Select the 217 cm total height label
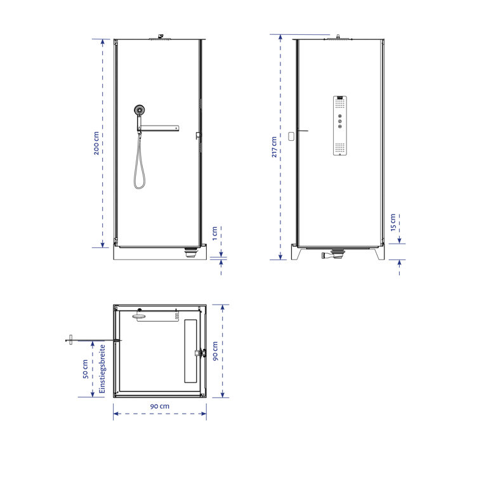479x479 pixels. [x=273, y=147]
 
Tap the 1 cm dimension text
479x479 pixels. [x=214, y=234]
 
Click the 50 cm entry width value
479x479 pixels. [x=84, y=370]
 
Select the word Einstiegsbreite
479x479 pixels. [x=101, y=369]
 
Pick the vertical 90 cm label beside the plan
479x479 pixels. [x=215, y=351]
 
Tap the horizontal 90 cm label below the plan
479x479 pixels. [x=160, y=405]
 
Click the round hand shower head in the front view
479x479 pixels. [x=139, y=110]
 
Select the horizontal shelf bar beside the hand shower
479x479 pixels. [x=160, y=129]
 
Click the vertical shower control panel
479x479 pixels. [x=339, y=126]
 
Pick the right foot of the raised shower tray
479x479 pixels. [x=380, y=253]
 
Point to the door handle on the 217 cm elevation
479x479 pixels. [x=292, y=135]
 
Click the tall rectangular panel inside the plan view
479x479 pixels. [x=191, y=351]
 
